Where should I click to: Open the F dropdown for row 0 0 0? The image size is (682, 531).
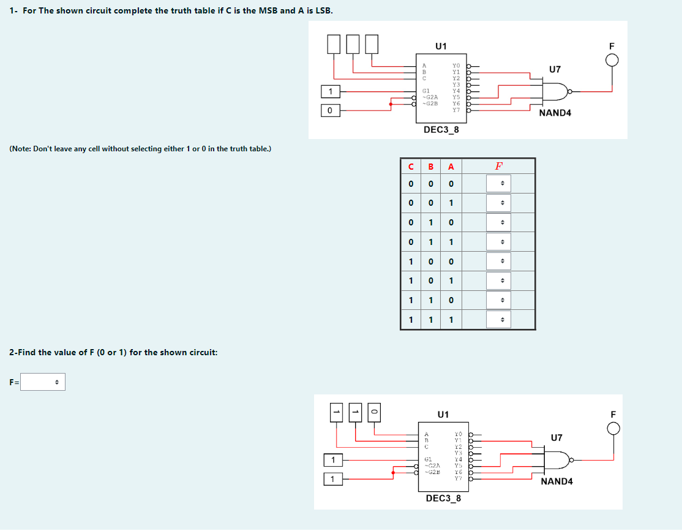[x=501, y=184]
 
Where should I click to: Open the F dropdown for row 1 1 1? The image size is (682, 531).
[x=501, y=320]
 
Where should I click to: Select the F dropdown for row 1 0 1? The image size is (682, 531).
[x=501, y=281]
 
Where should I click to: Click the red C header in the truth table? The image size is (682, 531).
[x=410, y=166]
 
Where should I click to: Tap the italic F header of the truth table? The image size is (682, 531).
[x=499, y=166]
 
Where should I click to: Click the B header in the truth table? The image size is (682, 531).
[x=430, y=166]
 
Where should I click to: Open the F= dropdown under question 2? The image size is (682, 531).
[x=43, y=382]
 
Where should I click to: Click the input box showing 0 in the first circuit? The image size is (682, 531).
[x=330, y=110]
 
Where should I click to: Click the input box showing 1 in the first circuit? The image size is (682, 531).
[x=331, y=91]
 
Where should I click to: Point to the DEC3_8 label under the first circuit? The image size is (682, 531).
[x=441, y=130]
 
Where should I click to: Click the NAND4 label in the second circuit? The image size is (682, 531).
[x=556, y=481]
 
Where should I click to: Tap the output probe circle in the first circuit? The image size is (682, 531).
[x=612, y=60]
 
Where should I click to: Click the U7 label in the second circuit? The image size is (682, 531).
[x=556, y=437]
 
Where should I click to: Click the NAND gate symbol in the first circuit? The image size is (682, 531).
[x=555, y=92]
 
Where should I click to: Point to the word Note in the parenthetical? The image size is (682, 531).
[x=23, y=149]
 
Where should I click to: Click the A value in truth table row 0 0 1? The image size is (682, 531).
[x=451, y=203]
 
